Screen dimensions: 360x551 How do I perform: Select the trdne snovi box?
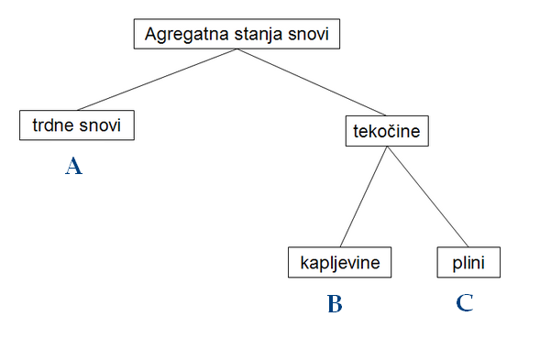click(x=77, y=125)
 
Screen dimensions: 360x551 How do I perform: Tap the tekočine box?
click(x=386, y=131)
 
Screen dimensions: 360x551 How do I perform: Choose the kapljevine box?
click(x=339, y=263)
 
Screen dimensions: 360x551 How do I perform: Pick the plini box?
click(x=470, y=263)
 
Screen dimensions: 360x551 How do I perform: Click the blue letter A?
click(x=74, y=166)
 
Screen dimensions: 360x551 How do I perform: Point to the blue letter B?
click(x=335, y=304)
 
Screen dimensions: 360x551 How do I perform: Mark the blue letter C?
click(x=465, y=303)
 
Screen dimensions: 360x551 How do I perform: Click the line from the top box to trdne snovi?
click(x=156, y=81)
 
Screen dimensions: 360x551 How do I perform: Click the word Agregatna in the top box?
click(x=180, y=36)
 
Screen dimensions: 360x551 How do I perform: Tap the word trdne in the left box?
click(x=52, y=125)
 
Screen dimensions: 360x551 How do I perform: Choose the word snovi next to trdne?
click(x=102, y=125)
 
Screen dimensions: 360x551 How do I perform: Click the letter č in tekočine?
click(x=388, y=131)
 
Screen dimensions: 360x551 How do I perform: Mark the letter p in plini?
click(x=457, y=265)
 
